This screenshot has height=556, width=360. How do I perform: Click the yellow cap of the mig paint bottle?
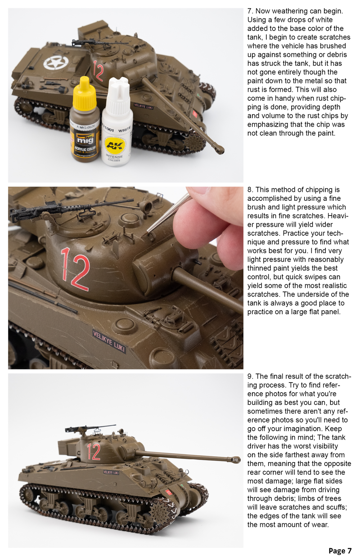coord(85,94)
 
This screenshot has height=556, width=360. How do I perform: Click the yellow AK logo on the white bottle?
coord(115,145)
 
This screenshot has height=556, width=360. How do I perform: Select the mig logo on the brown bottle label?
coord(85,139)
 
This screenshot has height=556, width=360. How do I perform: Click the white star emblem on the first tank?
coord(56,63)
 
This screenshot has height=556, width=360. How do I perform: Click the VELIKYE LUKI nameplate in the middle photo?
coord(109,341)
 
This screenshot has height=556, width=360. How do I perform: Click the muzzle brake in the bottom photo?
coord(235,460)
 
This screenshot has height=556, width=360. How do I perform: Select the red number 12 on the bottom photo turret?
coord(94,452)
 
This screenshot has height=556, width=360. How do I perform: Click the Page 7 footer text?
coord(339,551)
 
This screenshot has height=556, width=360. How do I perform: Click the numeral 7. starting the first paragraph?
coord(250,11)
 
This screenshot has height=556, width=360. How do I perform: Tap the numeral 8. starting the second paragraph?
coord(250,190)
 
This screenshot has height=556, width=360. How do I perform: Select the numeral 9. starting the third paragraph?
coord(250,376)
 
